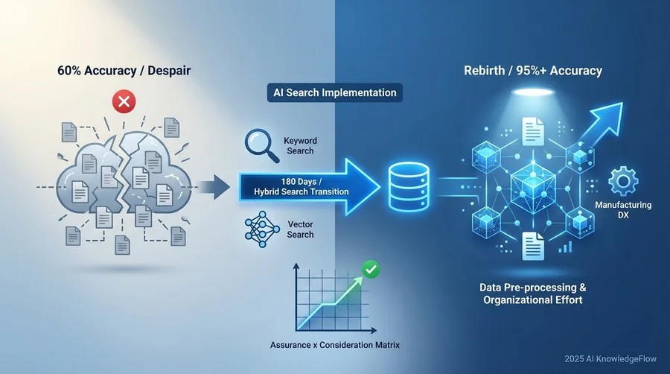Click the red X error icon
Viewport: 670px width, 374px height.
pyautogui.click(x=124, y=102)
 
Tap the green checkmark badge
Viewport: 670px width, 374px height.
pyautogui.click(x=371, y=269)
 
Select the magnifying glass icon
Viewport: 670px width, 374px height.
pyautogui.click(x=261, y=146)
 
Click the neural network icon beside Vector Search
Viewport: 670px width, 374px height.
pyautogui.click(x=262, y=229)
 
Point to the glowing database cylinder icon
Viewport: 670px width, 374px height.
pyautogui.click(x=409, y=187)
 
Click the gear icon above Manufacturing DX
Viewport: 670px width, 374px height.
pyautogui.click(x=623, y=182)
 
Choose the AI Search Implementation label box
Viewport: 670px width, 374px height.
pyautogui.click(x=334, y=92)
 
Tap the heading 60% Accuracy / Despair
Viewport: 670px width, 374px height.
pyautogui.click(x=124, y=71)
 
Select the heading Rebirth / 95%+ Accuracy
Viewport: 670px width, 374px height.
pyautogui.click(x=533, y=71)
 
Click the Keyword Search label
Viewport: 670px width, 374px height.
pyautogui.click(x=300, y=146)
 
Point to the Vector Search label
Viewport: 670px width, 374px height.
pyautogui.click(x=300, y=229)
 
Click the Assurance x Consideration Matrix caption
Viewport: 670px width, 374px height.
pyautogui.click(x=334, y=345)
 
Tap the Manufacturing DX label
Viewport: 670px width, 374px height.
pyautogui.click(x=623, y=210)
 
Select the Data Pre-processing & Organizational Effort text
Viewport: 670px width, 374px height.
pyautogui.click(x=533, y=294)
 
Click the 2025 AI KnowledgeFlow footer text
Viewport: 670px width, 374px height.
pyautogui.click(x=610, y=359)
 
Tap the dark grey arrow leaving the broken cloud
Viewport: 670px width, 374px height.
pyautogui.click(x=214, y=187)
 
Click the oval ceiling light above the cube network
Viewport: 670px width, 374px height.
pyautogui.click(x=533, y=92)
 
